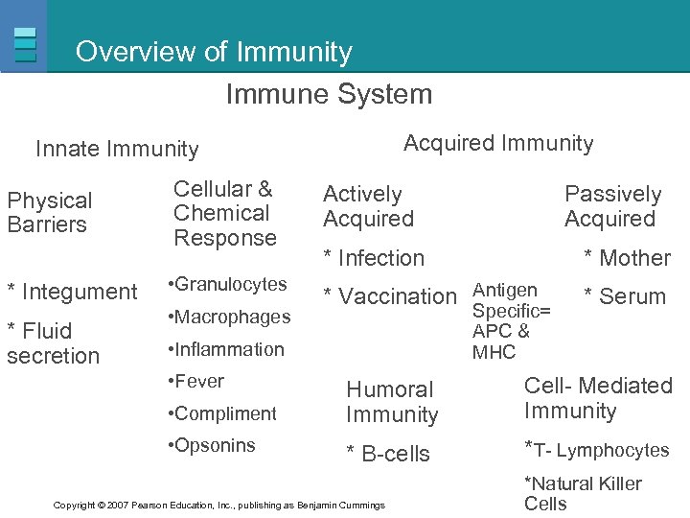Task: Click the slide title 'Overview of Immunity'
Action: click(214, 52)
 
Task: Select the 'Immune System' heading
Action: click(329, 94)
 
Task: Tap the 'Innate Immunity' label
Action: click(117, 149)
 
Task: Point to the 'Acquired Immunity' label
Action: click(498, 144)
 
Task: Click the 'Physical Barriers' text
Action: click(50, 213)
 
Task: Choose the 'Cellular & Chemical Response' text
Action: click(224, 213)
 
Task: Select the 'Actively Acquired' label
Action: click(368, 206)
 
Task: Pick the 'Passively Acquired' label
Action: click(612, 206)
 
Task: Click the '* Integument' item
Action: click(72, 292)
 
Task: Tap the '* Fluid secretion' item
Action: click(53, 343)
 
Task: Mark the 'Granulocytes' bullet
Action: click(227, 285)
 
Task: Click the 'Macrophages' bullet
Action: click(229, 317)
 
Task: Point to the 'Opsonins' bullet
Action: click(211, 445)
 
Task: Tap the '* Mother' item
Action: click(628, 258)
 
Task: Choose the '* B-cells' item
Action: click(388, 454)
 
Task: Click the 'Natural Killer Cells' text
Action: click(582, 493)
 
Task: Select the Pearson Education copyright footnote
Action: click(219, 505)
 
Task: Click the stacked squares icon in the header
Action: click(26, 44)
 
